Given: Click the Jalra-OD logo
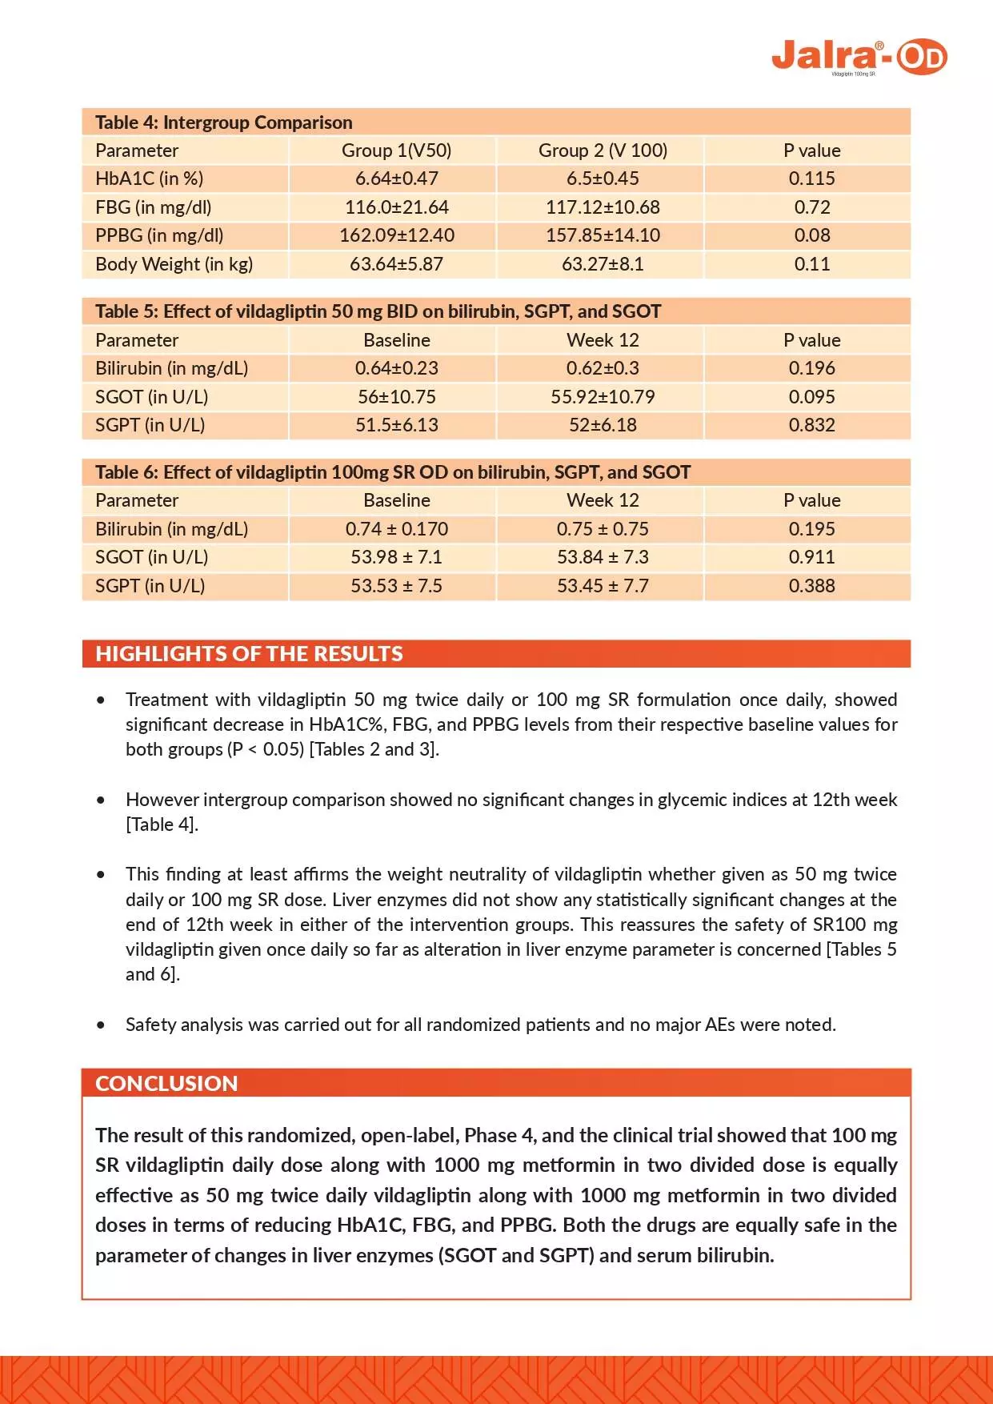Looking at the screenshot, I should click(859, 57).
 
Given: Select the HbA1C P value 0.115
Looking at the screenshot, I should click(811, 179).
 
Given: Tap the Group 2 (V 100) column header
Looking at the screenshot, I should click(603, 150).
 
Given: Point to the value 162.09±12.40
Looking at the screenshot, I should click(397, 235).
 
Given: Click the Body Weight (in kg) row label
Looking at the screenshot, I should click(174, 264).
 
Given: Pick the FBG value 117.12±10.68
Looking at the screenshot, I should click(603, 207).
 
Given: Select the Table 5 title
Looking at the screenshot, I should click(378, 311).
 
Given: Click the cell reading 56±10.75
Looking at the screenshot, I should click(397, 397).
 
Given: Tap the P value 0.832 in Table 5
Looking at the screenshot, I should click(811, 425).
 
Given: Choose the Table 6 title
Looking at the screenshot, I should click(392, 472).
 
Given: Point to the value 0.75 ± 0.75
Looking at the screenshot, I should click(603, 529).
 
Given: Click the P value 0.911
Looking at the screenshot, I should click(811, 557).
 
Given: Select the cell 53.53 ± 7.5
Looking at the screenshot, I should click(397, 586).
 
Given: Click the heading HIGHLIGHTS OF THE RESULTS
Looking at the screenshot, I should click(249, 654).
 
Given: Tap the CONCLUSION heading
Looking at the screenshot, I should click(166, 1084).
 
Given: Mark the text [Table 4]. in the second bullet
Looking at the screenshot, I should click(162, 824).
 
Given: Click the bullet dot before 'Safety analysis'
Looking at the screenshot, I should click(101, 1025).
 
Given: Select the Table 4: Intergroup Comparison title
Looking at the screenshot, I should click(223, 122).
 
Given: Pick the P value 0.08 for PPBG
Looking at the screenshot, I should click(811, 235).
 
